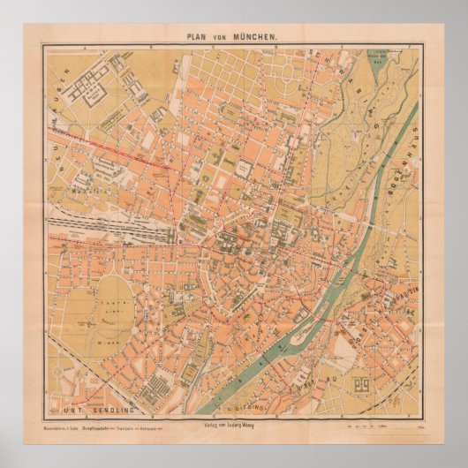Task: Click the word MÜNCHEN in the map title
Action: coord(255,37)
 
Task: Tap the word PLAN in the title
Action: coord(200,37)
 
